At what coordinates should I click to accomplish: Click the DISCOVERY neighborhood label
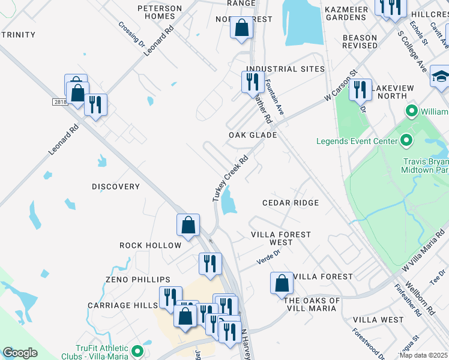point(116,187)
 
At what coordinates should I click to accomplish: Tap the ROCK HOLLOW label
point(150,245)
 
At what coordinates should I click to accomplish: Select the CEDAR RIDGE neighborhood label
point(291,203)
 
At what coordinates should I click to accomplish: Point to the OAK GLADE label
point(253,135)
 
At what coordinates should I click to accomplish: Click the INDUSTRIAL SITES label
point(285,69)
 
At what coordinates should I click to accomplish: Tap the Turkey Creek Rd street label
point(231,179)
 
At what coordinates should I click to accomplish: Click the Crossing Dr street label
point(132,35)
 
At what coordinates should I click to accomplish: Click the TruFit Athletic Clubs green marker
point(137,351)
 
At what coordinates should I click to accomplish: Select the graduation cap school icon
point(440,76)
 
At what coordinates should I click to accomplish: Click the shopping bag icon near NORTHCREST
point(241,28)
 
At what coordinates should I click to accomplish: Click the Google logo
point(20,353)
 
